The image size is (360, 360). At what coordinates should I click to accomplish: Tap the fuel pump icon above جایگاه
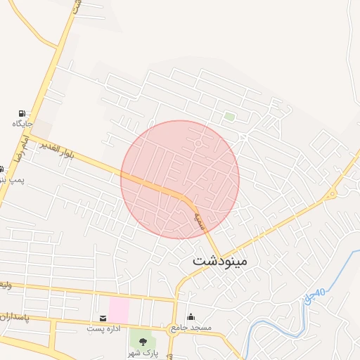tap(22, 113)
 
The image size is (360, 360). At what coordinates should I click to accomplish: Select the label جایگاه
tap(22, 124)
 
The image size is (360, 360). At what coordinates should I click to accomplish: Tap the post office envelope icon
tap(103, 319)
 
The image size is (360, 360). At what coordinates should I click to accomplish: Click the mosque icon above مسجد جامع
tap(191, 317)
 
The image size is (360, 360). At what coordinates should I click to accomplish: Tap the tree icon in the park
tap(143, 342)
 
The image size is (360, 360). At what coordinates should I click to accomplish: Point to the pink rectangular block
tap(119, 310)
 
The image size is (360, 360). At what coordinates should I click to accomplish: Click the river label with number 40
tap(314, 297)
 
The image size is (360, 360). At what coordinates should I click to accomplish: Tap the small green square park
tap(229, 116)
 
